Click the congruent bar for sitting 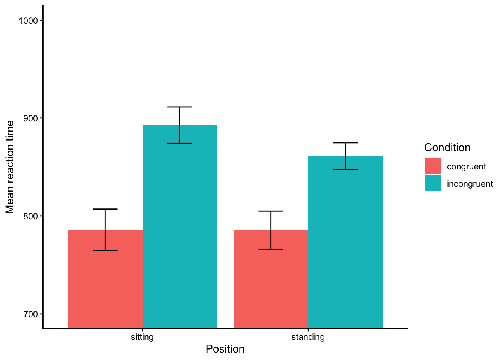coord(105,279)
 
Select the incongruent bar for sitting coord(180,226)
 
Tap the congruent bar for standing coord(271,279)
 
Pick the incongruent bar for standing coord(345,242)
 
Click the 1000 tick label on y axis coord(28,21)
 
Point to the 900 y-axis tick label coord(30,118)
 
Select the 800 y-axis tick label coord(30,216)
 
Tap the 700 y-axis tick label coord(30,314)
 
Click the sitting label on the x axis coord(142,337)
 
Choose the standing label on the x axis coord(308,337)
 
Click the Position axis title coord(225,349)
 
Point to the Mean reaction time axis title coord(10,167)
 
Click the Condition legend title coord(447,147)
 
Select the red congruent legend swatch coord(433,166)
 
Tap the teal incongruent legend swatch coord(433,183)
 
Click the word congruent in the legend coord(466,166)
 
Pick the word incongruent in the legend coord(469,184)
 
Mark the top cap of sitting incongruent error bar coord(180,107)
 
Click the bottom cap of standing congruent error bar coord(271,249)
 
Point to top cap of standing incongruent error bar coord(345,143)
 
